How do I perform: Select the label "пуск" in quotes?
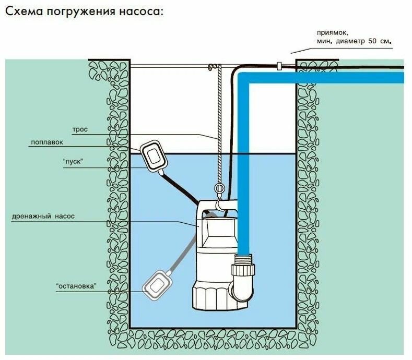73,162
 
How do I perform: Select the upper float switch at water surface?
154,155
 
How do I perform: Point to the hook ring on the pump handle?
220,189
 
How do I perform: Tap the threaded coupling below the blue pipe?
243,259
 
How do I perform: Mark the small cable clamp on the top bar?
280,66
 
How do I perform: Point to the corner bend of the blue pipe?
244,79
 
